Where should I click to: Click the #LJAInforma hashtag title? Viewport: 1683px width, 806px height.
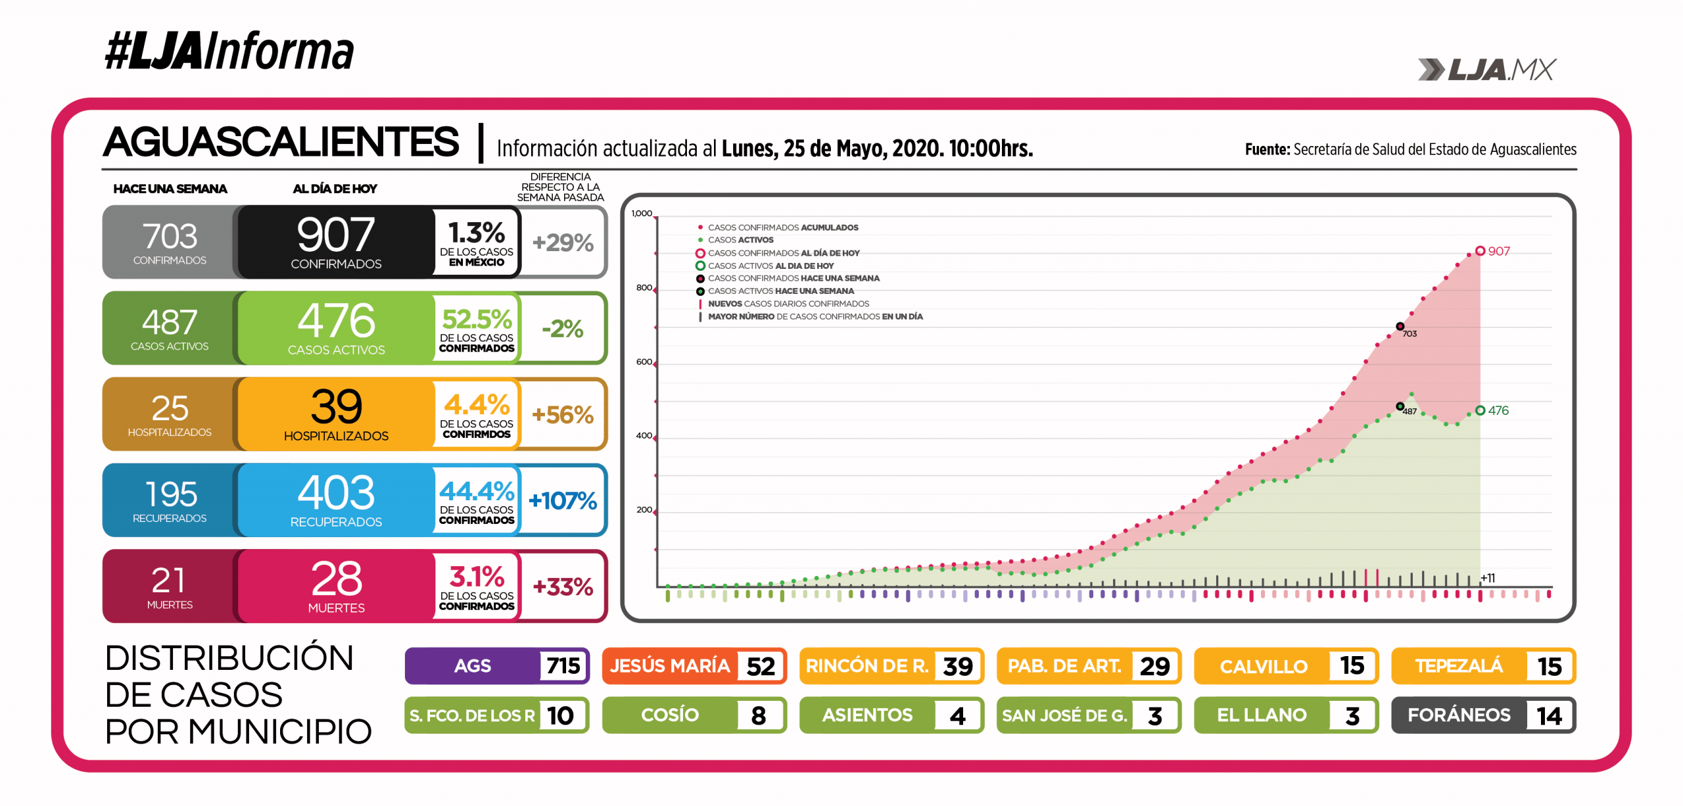[229, 51]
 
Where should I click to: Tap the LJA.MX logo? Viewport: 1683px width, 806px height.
[1487, 70]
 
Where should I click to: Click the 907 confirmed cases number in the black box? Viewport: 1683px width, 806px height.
[335, 235]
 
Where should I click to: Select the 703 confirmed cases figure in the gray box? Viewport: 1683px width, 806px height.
[170, 236]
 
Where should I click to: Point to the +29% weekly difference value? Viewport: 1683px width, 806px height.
[563, 243]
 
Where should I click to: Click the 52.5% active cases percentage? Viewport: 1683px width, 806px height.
[477, 320]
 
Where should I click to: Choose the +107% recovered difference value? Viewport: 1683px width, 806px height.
[563, 501]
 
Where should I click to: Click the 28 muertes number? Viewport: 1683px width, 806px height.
[336, 579]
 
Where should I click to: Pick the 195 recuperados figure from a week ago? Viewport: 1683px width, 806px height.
[170, 494]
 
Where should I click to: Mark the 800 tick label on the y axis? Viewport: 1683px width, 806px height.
[644, 288]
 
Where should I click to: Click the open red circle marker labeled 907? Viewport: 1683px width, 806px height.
[1480, 251]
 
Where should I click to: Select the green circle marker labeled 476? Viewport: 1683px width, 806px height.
[1480, 410]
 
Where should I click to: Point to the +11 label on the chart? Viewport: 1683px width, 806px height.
[1488, 578]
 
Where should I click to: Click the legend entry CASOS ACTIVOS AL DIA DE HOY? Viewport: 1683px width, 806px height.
[770, 266]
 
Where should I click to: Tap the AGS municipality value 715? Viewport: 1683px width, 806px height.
[563, 666]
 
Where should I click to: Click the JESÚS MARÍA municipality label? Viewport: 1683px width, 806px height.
[670, 666]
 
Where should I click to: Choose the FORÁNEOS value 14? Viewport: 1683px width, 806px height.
[1550, 716]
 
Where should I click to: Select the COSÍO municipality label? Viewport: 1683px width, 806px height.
[670, 715]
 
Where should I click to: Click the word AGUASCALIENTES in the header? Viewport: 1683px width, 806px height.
[281, 142]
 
